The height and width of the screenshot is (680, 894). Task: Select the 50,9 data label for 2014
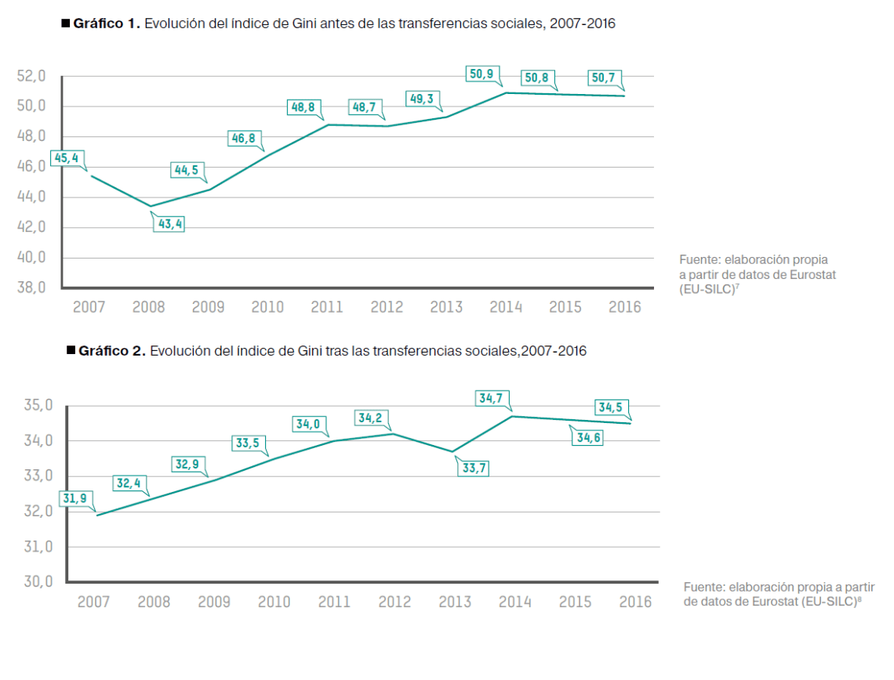click(481, 75)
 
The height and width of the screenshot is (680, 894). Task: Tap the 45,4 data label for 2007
click(65, 158)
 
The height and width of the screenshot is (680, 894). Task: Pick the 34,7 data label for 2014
click(491, 398)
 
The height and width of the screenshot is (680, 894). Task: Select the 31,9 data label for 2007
click(74, 497)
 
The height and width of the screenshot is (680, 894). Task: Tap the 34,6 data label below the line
click(589, 438)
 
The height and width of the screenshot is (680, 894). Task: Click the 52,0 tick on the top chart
click(31, 76)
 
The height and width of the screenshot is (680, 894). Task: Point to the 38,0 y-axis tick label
click(31, 288)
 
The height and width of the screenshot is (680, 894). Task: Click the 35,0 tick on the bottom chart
click(37, 406)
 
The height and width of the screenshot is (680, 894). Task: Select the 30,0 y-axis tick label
click(37, 582)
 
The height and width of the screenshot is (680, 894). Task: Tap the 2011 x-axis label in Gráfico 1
click(326, 307)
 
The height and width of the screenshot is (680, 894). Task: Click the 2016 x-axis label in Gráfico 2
click(635, 602)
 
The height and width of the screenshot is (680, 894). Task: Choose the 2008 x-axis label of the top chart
click(148, 307)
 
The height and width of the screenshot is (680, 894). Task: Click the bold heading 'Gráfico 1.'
click(107, 24)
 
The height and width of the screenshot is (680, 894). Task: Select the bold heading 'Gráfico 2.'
click(112, 351)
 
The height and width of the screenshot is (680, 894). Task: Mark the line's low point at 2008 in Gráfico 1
click(151, 207)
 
